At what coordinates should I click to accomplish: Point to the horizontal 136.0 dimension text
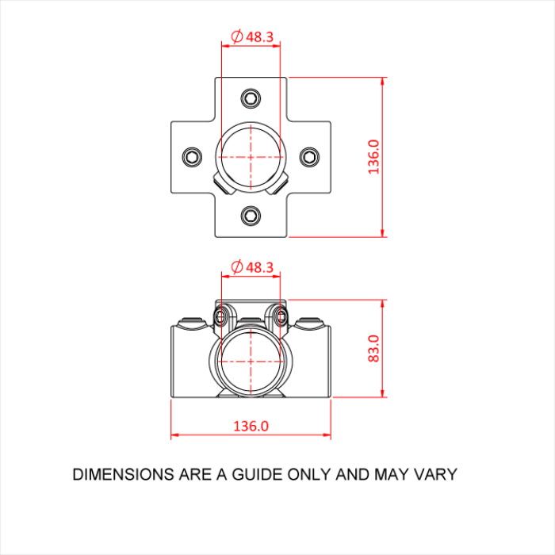click(251, 426)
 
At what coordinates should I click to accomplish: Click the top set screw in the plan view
click(251, 98)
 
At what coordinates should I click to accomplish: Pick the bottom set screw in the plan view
click(251, 215)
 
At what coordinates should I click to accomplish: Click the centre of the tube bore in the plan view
click(251, 157)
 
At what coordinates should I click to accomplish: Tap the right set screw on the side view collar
click(280, 317)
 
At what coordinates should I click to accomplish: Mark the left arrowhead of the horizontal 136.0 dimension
click(174, 434)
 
